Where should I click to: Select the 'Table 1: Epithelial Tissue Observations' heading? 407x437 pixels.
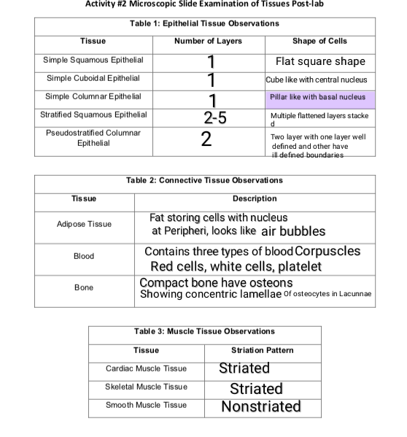[x=204, y=24]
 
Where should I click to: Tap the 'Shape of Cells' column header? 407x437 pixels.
[x=319, y=41]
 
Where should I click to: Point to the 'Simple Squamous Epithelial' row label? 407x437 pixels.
[x=93, y=60]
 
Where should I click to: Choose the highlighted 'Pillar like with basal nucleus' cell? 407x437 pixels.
[x=319, y=97]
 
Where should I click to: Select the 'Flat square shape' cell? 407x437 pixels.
[x=319, y=61]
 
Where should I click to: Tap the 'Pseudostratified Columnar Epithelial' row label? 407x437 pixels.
[x=93, y=138]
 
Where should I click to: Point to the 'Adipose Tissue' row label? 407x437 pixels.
[x=84, y=224]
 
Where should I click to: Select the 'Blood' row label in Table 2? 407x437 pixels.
[x=84, y=257]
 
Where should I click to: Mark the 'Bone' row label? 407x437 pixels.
[x=84, y=288]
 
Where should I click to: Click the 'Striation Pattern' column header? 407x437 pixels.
[x=262, y=351]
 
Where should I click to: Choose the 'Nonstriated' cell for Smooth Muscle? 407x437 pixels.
[x=260, y=406]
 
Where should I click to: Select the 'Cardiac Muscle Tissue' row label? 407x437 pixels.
[x=146, y=369]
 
